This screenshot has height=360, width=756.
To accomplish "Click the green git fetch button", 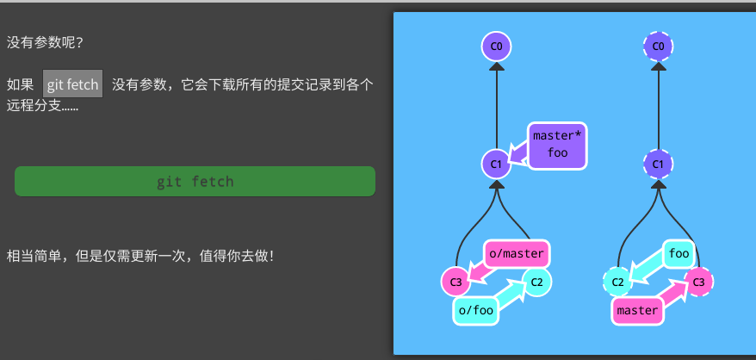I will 195,182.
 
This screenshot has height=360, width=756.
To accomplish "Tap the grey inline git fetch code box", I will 73,84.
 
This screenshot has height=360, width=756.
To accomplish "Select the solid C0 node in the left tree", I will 496,45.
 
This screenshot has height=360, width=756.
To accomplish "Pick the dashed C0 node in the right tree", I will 659,45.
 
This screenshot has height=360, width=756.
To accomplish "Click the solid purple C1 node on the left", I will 496,163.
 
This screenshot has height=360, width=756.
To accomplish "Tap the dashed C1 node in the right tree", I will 659,163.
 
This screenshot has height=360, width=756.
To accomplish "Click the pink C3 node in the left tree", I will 455,281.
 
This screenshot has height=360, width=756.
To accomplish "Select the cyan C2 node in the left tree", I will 536,281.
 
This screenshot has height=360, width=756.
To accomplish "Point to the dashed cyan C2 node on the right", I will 617,281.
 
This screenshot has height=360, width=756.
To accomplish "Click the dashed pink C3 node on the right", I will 699,281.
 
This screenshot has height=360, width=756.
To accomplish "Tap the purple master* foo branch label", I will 557,144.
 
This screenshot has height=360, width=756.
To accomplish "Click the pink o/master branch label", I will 517,253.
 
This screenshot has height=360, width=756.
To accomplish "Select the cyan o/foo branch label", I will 476,310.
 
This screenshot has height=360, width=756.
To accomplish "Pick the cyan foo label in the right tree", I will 679,253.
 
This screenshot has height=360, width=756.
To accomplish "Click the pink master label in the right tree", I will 638,310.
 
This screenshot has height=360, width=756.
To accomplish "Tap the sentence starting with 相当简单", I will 140,256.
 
